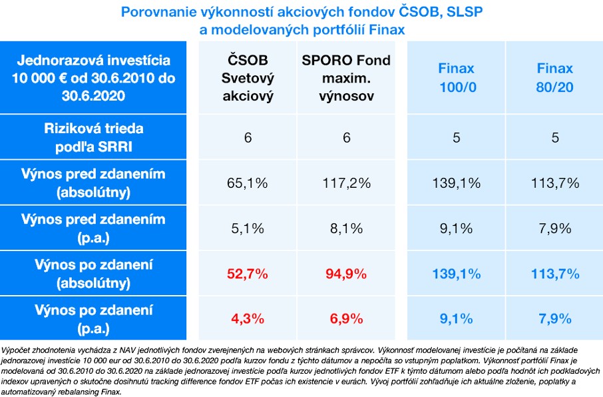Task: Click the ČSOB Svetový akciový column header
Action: coord(248,78)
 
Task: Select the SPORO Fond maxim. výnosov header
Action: coord(346,78)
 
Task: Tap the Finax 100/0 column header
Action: coord(456,78)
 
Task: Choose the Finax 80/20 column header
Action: coord(554,78)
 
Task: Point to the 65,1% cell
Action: coord(248,183)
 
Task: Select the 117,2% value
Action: coord(346,183)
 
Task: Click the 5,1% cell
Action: coord(248,228)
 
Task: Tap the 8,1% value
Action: coord(346,228)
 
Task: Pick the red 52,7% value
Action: coord(248,274)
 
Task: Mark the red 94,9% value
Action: coord(346,274)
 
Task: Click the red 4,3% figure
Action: coord(248,318)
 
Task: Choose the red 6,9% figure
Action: coord(346,318)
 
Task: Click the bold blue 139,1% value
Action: coord(456,274)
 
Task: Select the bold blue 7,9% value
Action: coord(554,318)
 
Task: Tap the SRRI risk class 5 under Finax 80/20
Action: coord(554,138)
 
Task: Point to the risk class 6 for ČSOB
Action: coord(248,138)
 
